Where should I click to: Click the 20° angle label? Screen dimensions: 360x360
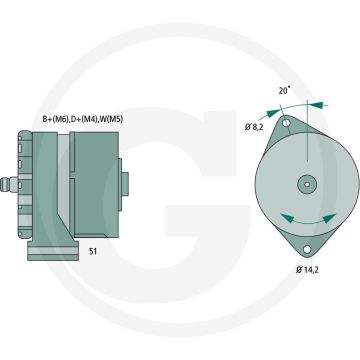284,91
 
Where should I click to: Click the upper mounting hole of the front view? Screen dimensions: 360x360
288,123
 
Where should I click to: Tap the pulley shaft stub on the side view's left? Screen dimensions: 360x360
30,184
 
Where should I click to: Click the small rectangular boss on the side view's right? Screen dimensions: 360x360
126,184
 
